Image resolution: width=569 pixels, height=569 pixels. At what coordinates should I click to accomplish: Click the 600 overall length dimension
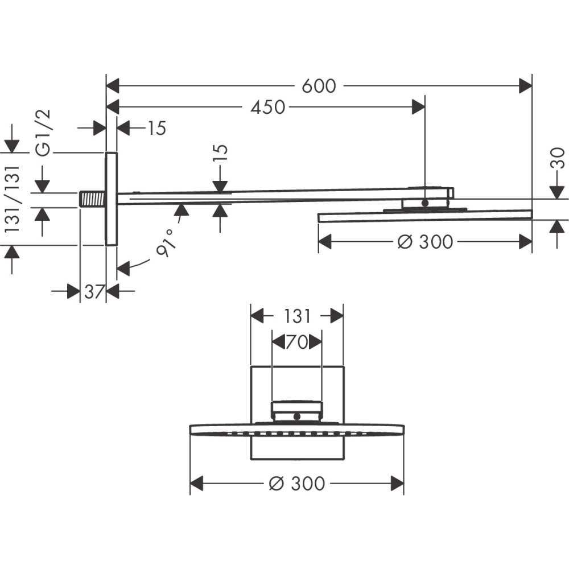tap(319, 86)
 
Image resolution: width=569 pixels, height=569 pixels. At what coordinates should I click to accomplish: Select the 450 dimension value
tap(267, 106)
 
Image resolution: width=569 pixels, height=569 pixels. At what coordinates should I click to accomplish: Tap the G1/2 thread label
tap(44, 132)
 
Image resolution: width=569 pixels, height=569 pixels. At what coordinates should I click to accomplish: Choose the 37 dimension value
tap(93, 292)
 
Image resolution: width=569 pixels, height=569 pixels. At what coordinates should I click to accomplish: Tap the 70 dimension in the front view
tap(296, 342)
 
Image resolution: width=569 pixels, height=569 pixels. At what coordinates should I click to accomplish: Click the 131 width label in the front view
tap(296, 316)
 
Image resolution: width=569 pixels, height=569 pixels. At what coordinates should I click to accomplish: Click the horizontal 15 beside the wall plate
tap(154, 129)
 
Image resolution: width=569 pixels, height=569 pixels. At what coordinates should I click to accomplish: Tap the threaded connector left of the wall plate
tap(92, 199)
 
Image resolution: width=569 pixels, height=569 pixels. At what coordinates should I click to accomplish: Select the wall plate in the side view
tap(112, 199)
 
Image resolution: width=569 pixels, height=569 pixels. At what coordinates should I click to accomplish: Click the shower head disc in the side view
tap(425, 216)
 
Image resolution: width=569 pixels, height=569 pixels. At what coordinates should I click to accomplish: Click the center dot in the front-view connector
tap(296, 417)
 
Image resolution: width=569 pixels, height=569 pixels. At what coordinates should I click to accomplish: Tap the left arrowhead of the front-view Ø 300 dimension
tap(197, 484)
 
